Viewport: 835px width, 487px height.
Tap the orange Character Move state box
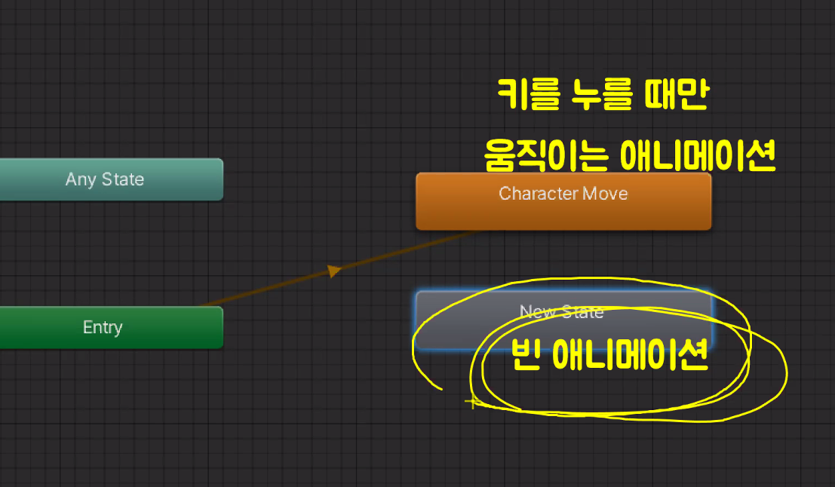click(563, 201)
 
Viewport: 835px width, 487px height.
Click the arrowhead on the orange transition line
click(334, 271)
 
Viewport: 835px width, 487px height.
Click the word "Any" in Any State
click(81, 180)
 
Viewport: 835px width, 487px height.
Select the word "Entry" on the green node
click(103, 328)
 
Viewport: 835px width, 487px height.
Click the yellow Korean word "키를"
click(526, 96)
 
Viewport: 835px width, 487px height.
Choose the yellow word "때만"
click(677, 96)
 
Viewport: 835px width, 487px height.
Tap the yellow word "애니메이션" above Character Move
click(697, 156)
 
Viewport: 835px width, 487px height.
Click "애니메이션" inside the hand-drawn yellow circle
click(630, 354)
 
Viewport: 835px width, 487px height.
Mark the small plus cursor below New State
click(471, 403)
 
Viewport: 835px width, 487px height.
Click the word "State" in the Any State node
click(122, 180)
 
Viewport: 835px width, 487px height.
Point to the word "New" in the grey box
click(537, 312)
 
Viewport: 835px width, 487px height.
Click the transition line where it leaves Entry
click(207, 303)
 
